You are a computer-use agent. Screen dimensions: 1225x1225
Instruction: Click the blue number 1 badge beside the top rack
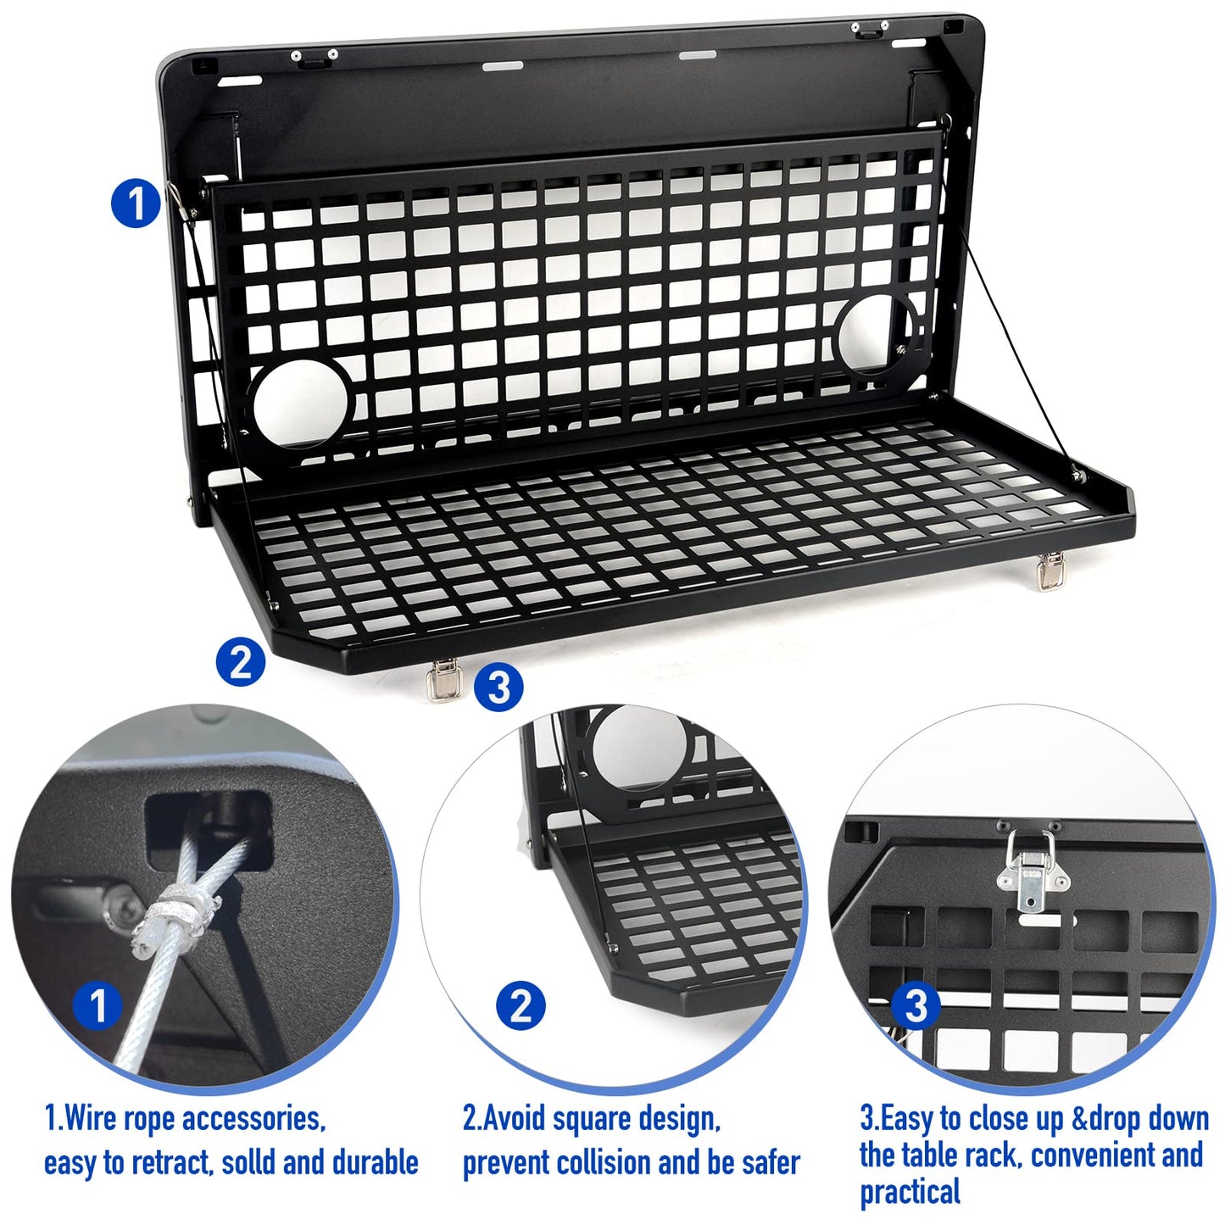click(136, 203)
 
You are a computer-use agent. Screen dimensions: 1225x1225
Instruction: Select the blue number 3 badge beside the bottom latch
click(498, 687)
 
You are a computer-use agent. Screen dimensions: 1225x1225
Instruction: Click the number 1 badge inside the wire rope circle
click(98, 1005)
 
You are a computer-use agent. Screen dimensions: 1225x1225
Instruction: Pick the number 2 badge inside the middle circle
click(521, 1006)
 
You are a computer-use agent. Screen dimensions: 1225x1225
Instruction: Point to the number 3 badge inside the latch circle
click(916, 1006)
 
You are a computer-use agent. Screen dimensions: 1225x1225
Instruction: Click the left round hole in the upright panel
click(301, 404)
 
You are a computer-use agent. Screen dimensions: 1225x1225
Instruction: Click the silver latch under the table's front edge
click(442, 680)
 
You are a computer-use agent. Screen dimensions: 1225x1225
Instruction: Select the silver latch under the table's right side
click(1049, 571)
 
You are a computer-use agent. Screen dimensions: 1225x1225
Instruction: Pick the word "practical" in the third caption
click(910, 1191)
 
